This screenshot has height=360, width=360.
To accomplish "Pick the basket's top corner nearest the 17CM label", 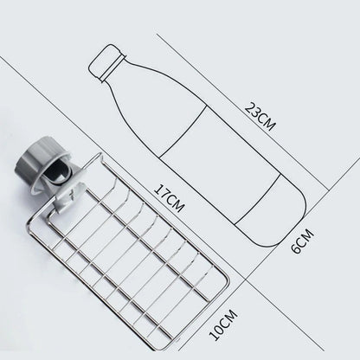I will click(x=102, y=157).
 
